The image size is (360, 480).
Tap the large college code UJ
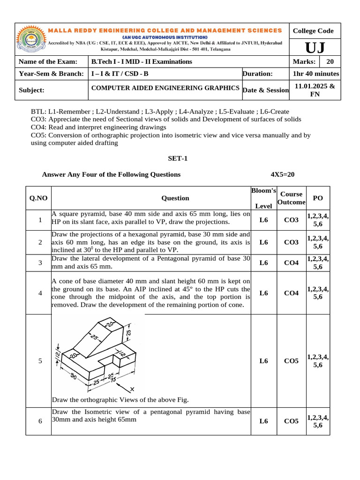tap(313, 48)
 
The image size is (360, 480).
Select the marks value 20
tap(330, 62)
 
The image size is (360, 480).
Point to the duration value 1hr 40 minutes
tap(316, 74)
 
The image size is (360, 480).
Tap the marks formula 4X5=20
tap(283, 174)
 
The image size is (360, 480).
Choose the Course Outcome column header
tap(291, 198)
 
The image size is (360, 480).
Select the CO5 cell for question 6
tap(291, 421)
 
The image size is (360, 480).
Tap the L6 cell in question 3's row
tap(264, 263)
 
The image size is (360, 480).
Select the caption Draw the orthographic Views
tap(120, 400)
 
